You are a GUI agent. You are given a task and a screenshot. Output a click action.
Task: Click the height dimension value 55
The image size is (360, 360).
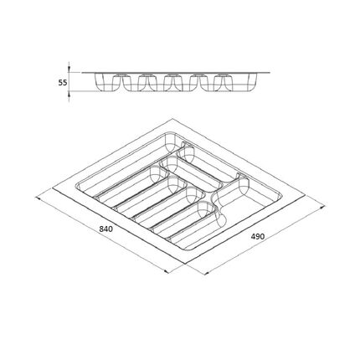tap(63, 83)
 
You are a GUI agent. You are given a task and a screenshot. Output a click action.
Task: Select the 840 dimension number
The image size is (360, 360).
tap(106, 229)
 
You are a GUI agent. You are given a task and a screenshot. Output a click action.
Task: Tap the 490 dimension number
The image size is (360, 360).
tap(257, 236)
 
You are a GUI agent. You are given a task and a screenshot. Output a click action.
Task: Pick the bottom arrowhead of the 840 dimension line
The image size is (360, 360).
tap(166, 271)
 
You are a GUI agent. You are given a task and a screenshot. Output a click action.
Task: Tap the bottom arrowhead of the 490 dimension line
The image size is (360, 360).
tap(206, 273)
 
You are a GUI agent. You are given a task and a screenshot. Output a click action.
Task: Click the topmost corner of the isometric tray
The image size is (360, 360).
tap(172, 119)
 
